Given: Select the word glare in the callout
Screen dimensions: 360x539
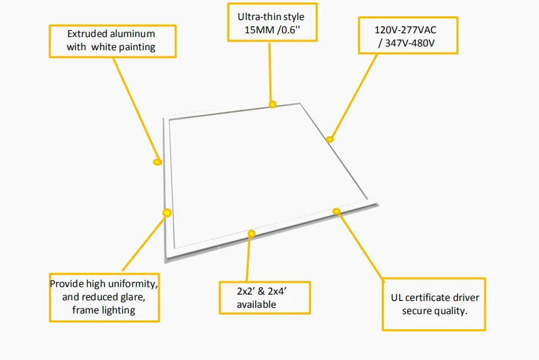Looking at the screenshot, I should (134, 297).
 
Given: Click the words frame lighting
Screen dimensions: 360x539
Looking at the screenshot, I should (104, 310).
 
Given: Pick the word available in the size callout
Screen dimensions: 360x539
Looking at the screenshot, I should (256, 305).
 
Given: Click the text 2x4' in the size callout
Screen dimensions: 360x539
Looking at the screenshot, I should (280, 292).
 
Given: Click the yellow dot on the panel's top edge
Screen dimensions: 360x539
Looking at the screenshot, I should (273, 104).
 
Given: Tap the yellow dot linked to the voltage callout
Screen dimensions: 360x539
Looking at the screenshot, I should (330, 139).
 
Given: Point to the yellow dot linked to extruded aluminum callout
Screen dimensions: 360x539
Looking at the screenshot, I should (158, 162).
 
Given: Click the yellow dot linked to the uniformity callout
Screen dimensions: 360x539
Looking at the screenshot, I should (167, 213).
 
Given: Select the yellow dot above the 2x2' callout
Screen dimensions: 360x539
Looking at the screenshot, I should (251, 234).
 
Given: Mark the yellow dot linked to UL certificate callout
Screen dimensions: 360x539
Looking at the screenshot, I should (337, 211).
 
